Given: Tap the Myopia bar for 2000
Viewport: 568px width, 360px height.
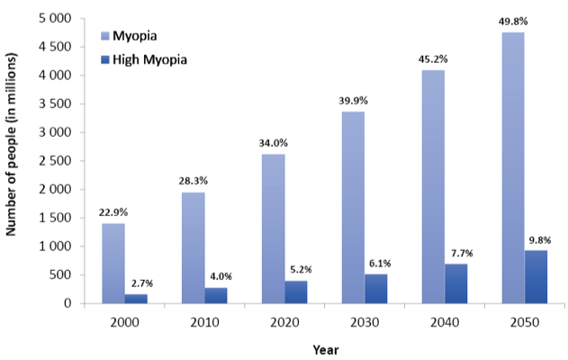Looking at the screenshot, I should pos(113,263).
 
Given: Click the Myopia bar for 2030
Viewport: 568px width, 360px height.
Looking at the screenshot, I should pos(352,207).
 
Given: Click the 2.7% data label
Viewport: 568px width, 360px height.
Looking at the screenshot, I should pos(137,283).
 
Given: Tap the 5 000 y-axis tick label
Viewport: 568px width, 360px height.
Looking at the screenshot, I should pos(53,19).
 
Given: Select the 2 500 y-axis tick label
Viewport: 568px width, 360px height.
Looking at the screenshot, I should pos(53,161).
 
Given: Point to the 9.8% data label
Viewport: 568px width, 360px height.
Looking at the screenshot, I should pos(536,239).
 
